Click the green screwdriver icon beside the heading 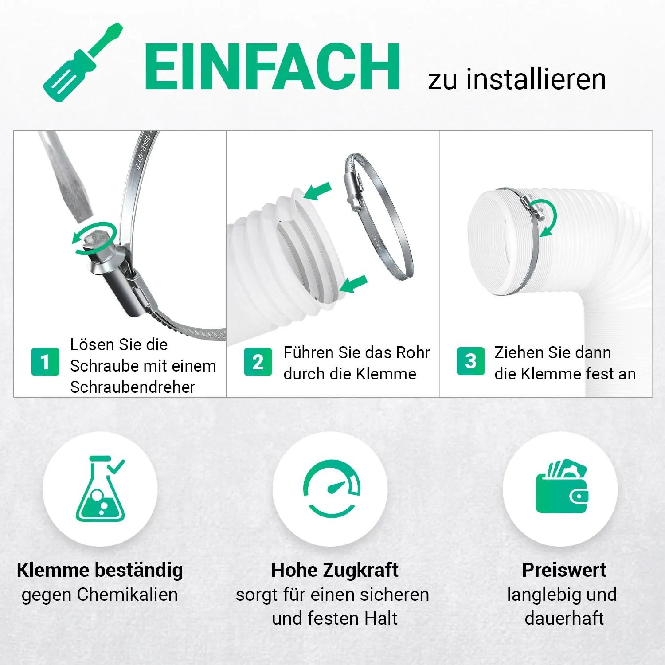pyautogui.click(x=83, y=62)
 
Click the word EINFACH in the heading pyautogui.click(x=272, y=67)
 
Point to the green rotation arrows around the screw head pyautogui.click(x=95, y=239)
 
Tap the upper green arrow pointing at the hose pyautogui.click(x=317, y=191)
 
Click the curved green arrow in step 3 pyautogui.click(x=547, y=217)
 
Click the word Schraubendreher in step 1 pyautogui.click(x=133, y=387)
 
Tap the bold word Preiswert pyautogui.click(x=564, y=570)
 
